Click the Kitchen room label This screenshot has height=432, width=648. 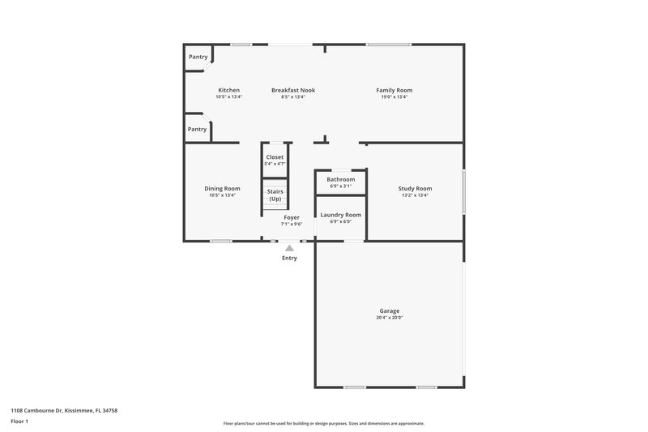(x=228, y=90)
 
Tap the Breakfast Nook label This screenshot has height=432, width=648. (x=293, y=90)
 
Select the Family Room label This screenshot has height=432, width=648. (x=394, y=90)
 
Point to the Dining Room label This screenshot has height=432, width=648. (x=222, y=188)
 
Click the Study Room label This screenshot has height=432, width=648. (x=415, y=188)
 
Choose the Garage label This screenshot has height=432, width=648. (x=390, y=310)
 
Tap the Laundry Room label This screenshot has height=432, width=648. (x=341, y=215)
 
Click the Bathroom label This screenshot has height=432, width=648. (x=341, y=179)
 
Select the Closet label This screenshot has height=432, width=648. (x=275, y=156)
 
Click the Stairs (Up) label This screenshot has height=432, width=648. (x=275, y=195)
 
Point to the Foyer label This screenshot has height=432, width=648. (x=292, y=217)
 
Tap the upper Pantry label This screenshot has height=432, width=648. (x=198, y=57)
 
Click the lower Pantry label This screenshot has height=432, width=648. (x=197, y=129)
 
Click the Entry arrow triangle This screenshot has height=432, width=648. (x=289, y=249)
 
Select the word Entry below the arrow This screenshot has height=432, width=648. (x=289, y=259)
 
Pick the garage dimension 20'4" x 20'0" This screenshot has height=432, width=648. (x=390, y=318)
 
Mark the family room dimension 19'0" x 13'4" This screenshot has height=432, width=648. (x=394, y=96)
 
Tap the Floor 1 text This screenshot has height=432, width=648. (x=19, y=422)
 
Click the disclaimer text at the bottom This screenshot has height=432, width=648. (x=323, y=423)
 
